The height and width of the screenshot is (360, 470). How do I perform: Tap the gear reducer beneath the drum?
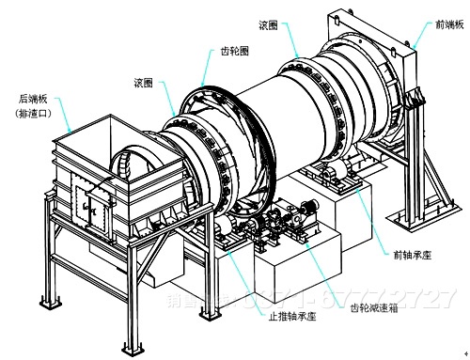pyautogui.click(x=282, y=226)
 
